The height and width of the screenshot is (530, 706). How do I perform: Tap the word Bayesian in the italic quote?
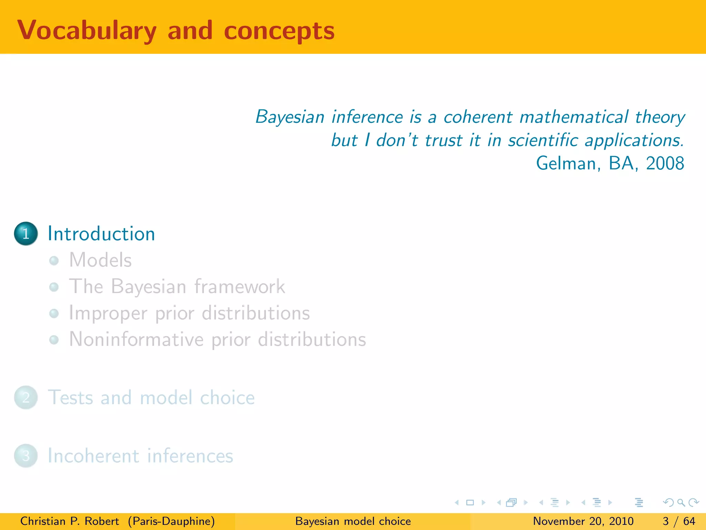click(x=290, y=117)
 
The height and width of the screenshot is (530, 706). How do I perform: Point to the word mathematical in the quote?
click(x=574, y=117)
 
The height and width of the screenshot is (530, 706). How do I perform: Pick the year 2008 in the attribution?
click(x=665, y=163)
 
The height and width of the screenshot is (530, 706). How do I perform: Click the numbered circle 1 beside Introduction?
click(x=26, y=234)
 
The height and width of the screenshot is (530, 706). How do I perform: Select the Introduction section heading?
click(x=101, y=234)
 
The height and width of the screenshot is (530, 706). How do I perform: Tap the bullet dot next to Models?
click(x=54, y=261)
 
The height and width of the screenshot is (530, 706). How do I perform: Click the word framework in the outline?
click(x=240, y=286)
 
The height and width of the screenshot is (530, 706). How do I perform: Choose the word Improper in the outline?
click(x=108, y=313)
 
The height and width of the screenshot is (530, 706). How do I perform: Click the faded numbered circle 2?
click(x=26, y=397)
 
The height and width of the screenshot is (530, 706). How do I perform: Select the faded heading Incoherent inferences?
click(x=140, y=456)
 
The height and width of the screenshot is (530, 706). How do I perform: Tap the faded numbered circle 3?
click(x=26, y=456)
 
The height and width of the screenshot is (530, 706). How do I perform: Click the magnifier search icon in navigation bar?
click(x=681, y=502)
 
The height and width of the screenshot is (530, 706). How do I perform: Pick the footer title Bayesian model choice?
click(x=353, y=521)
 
